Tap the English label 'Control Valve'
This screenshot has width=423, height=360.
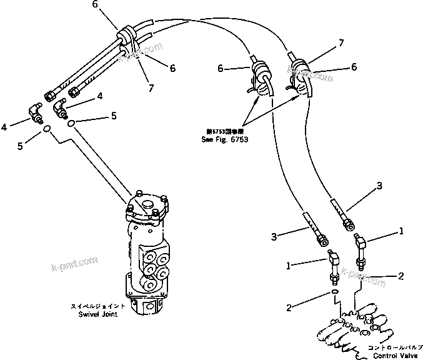(394, 356)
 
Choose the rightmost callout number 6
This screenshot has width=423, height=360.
(354, 66)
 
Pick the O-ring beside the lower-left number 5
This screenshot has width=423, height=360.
(47, 129)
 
